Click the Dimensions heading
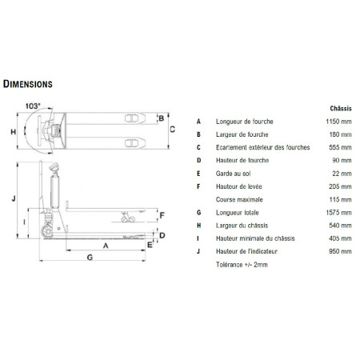click(28, 84)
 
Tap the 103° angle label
click(33, 106)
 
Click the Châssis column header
click(341, 108)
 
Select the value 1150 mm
click(338, 122)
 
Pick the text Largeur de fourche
click(242, 134)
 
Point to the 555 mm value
click(340, 147)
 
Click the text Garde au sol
click(233, 174)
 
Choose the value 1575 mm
click(338, 213)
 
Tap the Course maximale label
click(239, 199)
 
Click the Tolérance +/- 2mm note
click(242, 265)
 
